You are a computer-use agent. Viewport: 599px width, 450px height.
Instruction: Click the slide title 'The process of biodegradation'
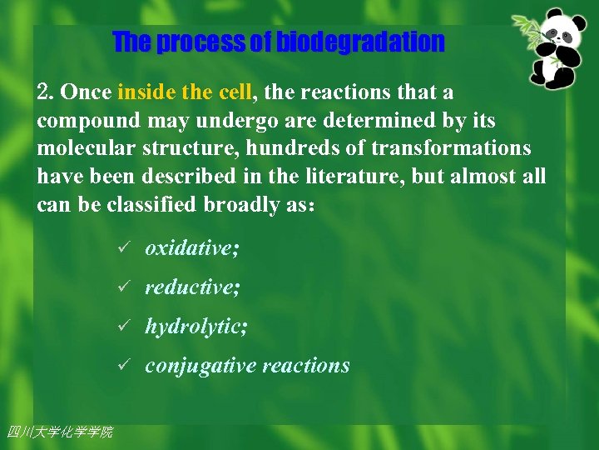pyautogui.click(x=279, y=42)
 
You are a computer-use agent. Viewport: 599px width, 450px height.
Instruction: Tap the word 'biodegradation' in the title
pyautogui.click(x=360, y=42)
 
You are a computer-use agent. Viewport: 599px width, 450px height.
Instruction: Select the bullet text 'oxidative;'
pyautogui.click(x=191, y=248)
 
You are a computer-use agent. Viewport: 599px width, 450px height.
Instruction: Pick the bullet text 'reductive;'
pyautogui.click(x=192, y=287)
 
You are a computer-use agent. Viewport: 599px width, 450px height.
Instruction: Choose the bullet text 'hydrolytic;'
pyautogui.click(x=196, y=327)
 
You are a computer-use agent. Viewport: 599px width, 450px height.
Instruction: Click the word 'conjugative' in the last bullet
pyautogui.click(x=200, y=366)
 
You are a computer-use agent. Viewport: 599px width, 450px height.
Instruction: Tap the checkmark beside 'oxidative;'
pyautogui.click(x=122, y=248)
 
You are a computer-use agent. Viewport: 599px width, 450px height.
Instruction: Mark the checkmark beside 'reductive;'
pyautogui.click(x=122, y=287)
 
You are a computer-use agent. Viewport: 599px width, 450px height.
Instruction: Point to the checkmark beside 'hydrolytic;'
pyautogui.click(x=122, y=327)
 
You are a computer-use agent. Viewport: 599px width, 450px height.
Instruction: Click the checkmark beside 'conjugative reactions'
pyautogui.click(x=122, y=366)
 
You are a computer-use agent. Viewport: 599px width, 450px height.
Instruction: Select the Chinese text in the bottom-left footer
pyautogui.click(x=59, y=432)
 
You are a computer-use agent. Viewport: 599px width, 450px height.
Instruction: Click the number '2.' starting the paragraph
pyautogui.click(x=46, y=92)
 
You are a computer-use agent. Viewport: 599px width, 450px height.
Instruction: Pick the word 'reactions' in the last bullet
pyautogui.click(x=305, y=366)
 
